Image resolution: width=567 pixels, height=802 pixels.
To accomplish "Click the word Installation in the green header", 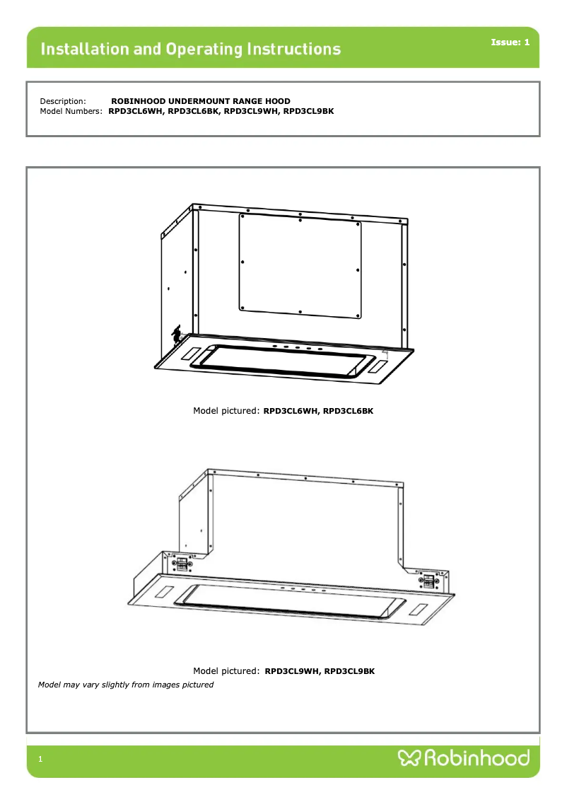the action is tap(85, 49).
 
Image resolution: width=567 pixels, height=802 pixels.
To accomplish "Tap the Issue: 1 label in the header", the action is tap(510, 42).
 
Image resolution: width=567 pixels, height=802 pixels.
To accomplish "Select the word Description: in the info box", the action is tap(63, 101).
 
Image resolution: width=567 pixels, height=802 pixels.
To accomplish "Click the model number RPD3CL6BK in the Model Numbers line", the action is tap(193, 111).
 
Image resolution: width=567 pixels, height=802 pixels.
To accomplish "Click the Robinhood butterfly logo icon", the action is tap(409, 757).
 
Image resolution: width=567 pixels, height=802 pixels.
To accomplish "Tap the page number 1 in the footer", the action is tap(40, 759).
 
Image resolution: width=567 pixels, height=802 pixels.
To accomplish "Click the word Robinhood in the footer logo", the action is tap(477, 757).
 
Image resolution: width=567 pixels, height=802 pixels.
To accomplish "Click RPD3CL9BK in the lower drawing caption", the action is tap(349, 671).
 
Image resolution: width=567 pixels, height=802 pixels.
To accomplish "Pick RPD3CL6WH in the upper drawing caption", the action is tap(291, 411).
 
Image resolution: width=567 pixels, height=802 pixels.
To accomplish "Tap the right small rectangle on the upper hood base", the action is tap(378, 366).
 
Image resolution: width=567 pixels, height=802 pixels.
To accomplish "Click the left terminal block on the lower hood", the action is tap(182, 564).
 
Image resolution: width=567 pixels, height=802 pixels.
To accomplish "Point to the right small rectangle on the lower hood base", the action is tap(418, 610).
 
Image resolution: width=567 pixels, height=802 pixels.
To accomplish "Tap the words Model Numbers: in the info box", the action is tap(71, 111).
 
